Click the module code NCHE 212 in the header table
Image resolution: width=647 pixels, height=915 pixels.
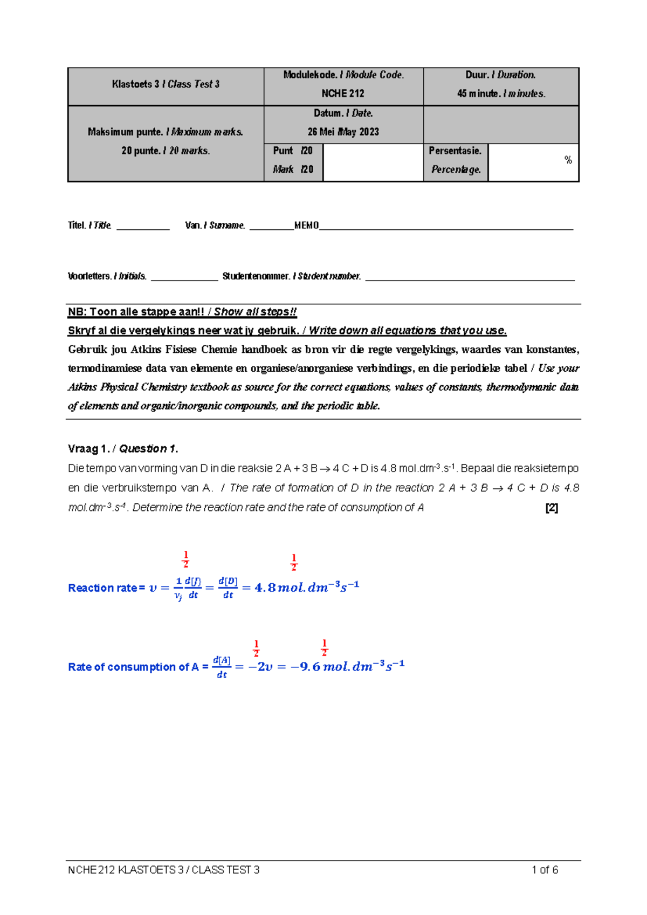(x=343, y=93)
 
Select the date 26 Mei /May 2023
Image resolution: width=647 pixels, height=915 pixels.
(x=343, y=132)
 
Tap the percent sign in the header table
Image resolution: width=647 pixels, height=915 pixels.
(x=568, y=160)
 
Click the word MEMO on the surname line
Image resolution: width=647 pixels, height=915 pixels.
(x=306, y=226)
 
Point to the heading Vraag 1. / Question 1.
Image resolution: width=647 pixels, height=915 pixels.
(x=123, y=449)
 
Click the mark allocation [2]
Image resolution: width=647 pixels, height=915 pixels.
(x=551, y=508)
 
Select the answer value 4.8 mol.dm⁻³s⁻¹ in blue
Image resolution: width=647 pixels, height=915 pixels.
(x=306, y=588)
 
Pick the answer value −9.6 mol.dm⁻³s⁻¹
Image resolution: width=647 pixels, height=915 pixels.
(x=348, y=667)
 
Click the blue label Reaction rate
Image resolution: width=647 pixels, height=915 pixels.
(x=102, y=588)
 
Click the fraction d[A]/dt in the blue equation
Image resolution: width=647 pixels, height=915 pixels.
(x=222, y=667)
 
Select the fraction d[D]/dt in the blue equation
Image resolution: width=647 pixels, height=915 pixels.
(x=228, y=588)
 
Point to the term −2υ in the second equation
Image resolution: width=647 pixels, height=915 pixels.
(x=260, y=667)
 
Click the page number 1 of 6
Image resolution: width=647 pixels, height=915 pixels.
(x=545, y=870)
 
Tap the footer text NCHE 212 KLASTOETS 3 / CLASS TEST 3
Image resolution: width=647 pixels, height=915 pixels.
(x=164, y=870)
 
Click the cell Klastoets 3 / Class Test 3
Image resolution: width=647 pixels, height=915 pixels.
(x=166, y=84)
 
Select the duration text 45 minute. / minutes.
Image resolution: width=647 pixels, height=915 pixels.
(x=501, y=93)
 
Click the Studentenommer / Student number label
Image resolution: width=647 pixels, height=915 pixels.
(x=292, y=276)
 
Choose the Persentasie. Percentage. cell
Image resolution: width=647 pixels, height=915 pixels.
(x=456, y=160)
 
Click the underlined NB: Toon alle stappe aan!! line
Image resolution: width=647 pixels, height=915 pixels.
(x=182, y=312)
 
